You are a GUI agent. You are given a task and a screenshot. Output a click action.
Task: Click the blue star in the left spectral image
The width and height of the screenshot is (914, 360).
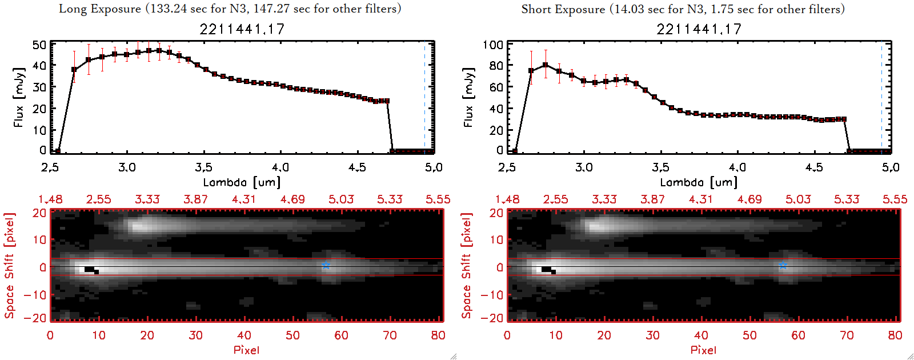click(x=326, y=265)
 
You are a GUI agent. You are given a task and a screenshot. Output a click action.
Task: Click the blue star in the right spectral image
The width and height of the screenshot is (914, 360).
click(x=783, y=265)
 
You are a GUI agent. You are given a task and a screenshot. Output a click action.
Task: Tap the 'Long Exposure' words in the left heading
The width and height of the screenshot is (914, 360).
click(x=100, y=9)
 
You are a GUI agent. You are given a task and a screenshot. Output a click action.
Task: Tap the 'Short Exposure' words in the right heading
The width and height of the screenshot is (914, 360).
click(x=563, y=9)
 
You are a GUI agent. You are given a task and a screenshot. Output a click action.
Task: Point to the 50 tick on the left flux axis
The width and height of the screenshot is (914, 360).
click(x=39, y=45)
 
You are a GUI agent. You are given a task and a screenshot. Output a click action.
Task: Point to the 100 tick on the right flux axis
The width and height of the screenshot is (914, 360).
click(x=493, y=45)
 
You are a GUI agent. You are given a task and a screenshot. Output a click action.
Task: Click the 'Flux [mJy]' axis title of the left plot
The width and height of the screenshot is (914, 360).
click(x=19, y=97)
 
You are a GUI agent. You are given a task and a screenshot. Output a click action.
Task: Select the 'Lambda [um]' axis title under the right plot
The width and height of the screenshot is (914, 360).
click(x=699, y=182)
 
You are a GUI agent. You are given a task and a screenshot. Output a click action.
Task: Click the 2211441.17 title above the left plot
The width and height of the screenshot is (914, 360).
click(x=242, y=29)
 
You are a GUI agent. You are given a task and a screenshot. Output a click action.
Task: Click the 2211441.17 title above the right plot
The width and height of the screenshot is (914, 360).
click(x=699, y=29)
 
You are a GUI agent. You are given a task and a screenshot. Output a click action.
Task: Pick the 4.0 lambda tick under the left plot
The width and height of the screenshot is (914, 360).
click(x=280, y=167)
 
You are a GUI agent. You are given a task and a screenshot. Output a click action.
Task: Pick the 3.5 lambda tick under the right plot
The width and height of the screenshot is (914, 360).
click(x=660, y=167)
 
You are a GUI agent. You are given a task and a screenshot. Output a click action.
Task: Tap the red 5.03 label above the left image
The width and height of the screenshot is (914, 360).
click(x=341, y=199)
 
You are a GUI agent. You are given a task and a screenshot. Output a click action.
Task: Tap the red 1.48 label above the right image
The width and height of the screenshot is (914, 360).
click(x=507, y=199)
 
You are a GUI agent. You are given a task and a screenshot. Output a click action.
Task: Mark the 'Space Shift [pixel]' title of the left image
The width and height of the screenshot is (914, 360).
click(x=9, y=266)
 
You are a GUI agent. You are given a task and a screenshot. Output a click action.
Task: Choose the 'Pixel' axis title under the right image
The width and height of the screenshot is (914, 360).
click(x=703, y=350)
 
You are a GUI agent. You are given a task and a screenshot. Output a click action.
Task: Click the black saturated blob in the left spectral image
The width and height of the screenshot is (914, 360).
click(x=90, y=269)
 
